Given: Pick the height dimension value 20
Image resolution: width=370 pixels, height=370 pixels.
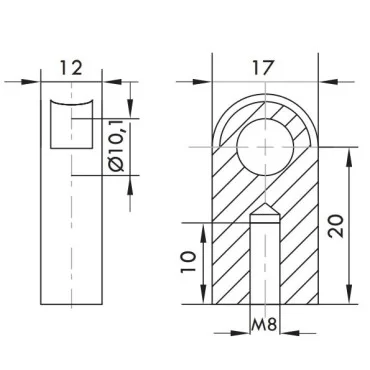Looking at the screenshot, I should (337, 225).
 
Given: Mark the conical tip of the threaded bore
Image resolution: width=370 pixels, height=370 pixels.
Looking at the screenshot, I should (265, 215).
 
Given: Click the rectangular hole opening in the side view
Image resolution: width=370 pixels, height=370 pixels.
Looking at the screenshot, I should (71, 126).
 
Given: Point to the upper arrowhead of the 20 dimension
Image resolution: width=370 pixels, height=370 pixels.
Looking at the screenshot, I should (349, 151).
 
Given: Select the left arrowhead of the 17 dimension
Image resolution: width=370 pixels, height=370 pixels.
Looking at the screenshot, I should (218, 81).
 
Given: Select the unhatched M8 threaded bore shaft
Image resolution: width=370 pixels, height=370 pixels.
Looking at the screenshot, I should (265, 265).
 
